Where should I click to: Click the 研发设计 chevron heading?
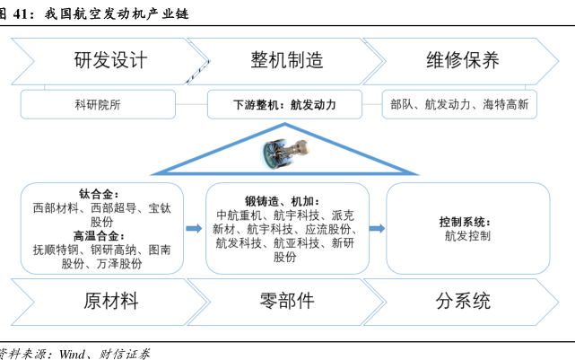click(110, 60)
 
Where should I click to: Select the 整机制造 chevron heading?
click(287, 60)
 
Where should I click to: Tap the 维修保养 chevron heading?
click(463, 60)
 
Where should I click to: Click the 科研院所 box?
click(98, 104)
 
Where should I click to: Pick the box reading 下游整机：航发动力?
click(284, 104)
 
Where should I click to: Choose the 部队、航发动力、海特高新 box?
click(459, 104)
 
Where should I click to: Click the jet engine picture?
click(285, 154)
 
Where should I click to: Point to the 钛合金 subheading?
click(99, 194)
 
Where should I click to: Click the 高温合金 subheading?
click(99, 235)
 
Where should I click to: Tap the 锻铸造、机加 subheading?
click(283, 201)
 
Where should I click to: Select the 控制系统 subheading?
click(465, 222)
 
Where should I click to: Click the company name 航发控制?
click(467, 235)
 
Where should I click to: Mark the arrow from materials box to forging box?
click(194, 228)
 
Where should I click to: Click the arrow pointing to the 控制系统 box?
click(377, 228)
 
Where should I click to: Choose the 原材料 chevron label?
click(110, 302)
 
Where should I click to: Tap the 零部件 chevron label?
click(287, 302)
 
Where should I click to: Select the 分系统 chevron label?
click(463, 302)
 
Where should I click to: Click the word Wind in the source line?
click(73, 354)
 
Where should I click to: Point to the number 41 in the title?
click(21, 14)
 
